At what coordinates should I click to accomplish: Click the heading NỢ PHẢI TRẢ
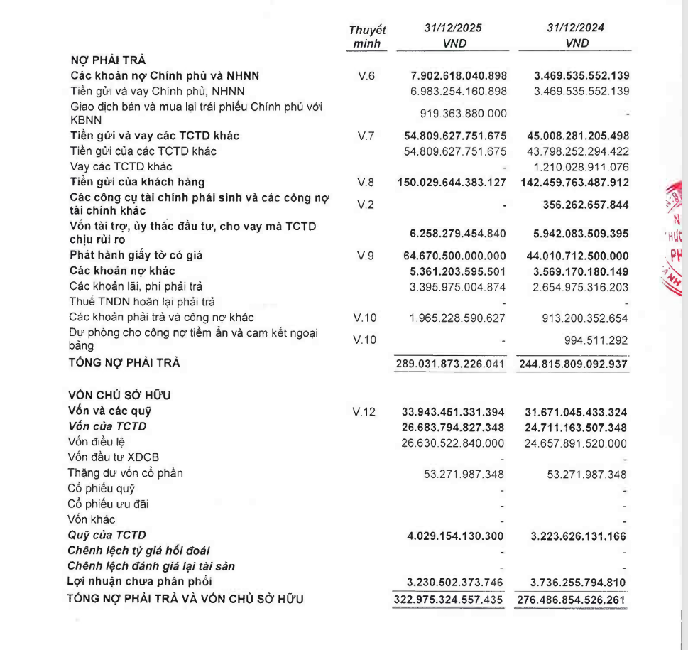click(108, 60)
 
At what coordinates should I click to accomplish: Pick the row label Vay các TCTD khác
click(121, 166)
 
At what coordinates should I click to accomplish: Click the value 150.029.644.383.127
click(452, 183)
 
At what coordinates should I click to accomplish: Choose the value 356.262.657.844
click(580, 205)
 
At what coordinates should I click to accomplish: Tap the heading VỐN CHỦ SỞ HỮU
click(119, 396)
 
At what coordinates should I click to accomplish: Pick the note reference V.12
click(366, 411)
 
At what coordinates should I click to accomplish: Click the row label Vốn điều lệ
click(97, 442)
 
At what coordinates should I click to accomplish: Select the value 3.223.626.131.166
click(579, 535)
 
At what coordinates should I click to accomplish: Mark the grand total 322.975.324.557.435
click(449, 599)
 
